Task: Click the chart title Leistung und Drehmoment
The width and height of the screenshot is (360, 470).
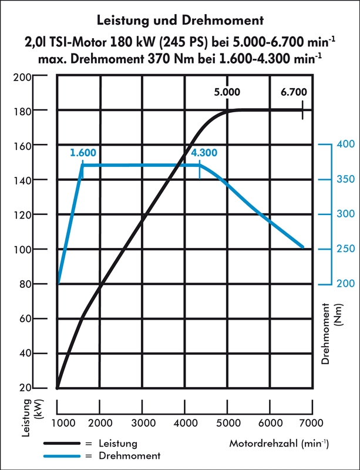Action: tap(180, 21)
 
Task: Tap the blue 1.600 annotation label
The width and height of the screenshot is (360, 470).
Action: tap(83, 153)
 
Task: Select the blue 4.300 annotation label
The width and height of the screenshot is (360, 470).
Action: tap(204, 153)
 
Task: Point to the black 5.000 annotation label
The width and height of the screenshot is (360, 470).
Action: tap(227, 92)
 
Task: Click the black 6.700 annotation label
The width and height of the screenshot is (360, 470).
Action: tap(294, 92)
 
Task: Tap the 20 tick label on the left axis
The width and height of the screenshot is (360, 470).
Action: tap(25, 388)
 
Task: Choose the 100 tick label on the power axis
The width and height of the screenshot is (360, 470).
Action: tap(22, 250)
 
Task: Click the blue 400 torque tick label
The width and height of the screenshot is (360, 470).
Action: tap(346, 144)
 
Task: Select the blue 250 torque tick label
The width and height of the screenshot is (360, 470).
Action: tap(346, 249)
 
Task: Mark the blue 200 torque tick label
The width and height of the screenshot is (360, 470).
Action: tap(346, 283)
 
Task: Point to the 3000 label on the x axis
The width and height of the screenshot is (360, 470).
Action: tap(143, 423)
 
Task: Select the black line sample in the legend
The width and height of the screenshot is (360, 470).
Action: tap(62, 443)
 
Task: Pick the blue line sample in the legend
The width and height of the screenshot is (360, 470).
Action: tap(62, 456)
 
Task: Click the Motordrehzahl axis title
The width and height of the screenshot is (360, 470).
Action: tap(279, 444)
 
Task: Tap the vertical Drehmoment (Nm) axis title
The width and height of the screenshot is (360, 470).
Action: tap(331, 334)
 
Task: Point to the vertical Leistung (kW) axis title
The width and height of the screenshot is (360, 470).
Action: tap(32, 418)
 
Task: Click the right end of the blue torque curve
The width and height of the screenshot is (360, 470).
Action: tap(303, 247)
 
